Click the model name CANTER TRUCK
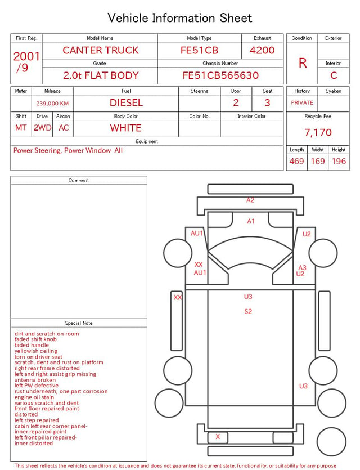[x=101, y=50]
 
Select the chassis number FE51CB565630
[x=220, y=75]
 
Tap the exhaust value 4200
[x=262, y=50]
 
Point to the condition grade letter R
[x=303, y=63]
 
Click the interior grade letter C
[x=334, y=75]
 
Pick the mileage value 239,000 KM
[x=52, y=104]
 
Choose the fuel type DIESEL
[x=126, y=103]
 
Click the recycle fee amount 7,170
[x=318, y=132]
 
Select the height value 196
[x=339, y=161]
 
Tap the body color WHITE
[x=125, y=128]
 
